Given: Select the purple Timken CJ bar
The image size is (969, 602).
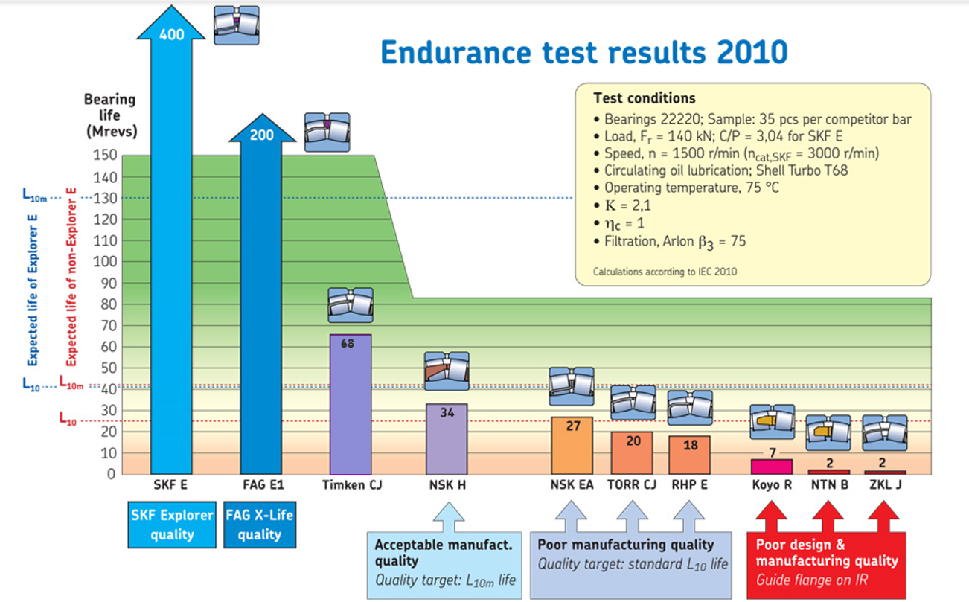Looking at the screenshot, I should tap(351, 406).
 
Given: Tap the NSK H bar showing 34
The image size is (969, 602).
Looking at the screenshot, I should tap(447, 439).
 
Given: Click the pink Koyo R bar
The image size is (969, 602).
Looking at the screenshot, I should tap(771, 467).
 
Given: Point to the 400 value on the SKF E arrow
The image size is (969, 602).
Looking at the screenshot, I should tap(172, 35).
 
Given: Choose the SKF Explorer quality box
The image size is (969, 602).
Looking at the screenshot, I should tap(172, 525).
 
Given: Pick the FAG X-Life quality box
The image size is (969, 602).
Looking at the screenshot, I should tap(259, 525).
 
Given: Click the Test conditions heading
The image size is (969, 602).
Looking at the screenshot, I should tap(644, 98).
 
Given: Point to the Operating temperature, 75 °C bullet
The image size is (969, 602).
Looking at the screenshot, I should tap(691, 188).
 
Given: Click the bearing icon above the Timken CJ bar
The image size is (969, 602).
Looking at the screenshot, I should tap(351, 304).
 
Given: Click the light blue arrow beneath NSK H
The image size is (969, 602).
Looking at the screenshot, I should tap(447, 515).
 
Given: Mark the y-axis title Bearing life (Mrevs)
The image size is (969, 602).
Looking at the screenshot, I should tap(109, 115).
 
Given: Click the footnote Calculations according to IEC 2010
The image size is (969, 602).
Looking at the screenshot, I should tap(665, 272).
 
